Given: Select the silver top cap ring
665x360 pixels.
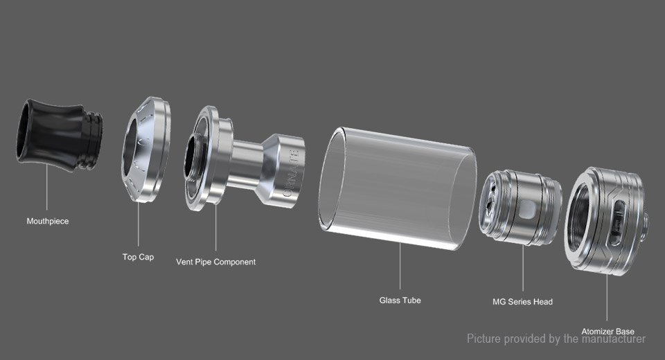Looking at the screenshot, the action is coord(145,150).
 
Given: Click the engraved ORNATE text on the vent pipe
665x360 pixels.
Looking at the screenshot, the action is coord(292,173).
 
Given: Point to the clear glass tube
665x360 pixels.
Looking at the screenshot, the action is coord(398,188).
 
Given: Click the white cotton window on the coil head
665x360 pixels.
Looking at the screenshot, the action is coord(528,210).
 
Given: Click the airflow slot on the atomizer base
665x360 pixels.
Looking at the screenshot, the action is coord(617,223).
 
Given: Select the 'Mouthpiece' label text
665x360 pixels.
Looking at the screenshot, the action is coord(48,222).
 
